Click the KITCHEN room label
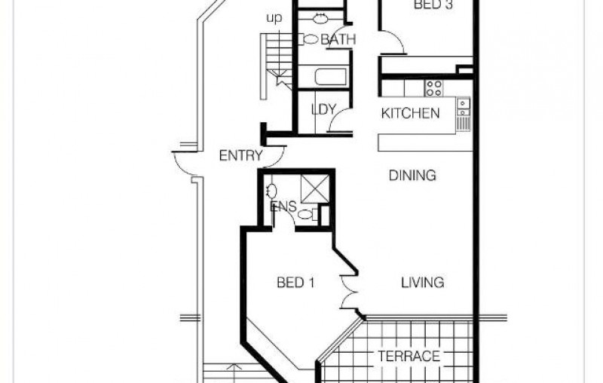[410, 113]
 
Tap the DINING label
[412, 176]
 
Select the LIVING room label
[423, 283]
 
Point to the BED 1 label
[295, 283]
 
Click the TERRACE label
[409, 356]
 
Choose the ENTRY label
[241, 156]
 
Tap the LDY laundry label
[323, 109]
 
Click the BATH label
[338, 39]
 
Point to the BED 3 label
[433, 5]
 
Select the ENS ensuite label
[283, 207]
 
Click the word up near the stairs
[274, 17]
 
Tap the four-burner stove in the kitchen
[433, 87]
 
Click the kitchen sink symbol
[463, 107]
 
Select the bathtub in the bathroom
[331, 76]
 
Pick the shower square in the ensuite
[315, 188]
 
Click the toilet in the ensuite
[308, 214]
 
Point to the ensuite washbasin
[272, 191]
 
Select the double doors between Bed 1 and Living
[349, 292]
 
